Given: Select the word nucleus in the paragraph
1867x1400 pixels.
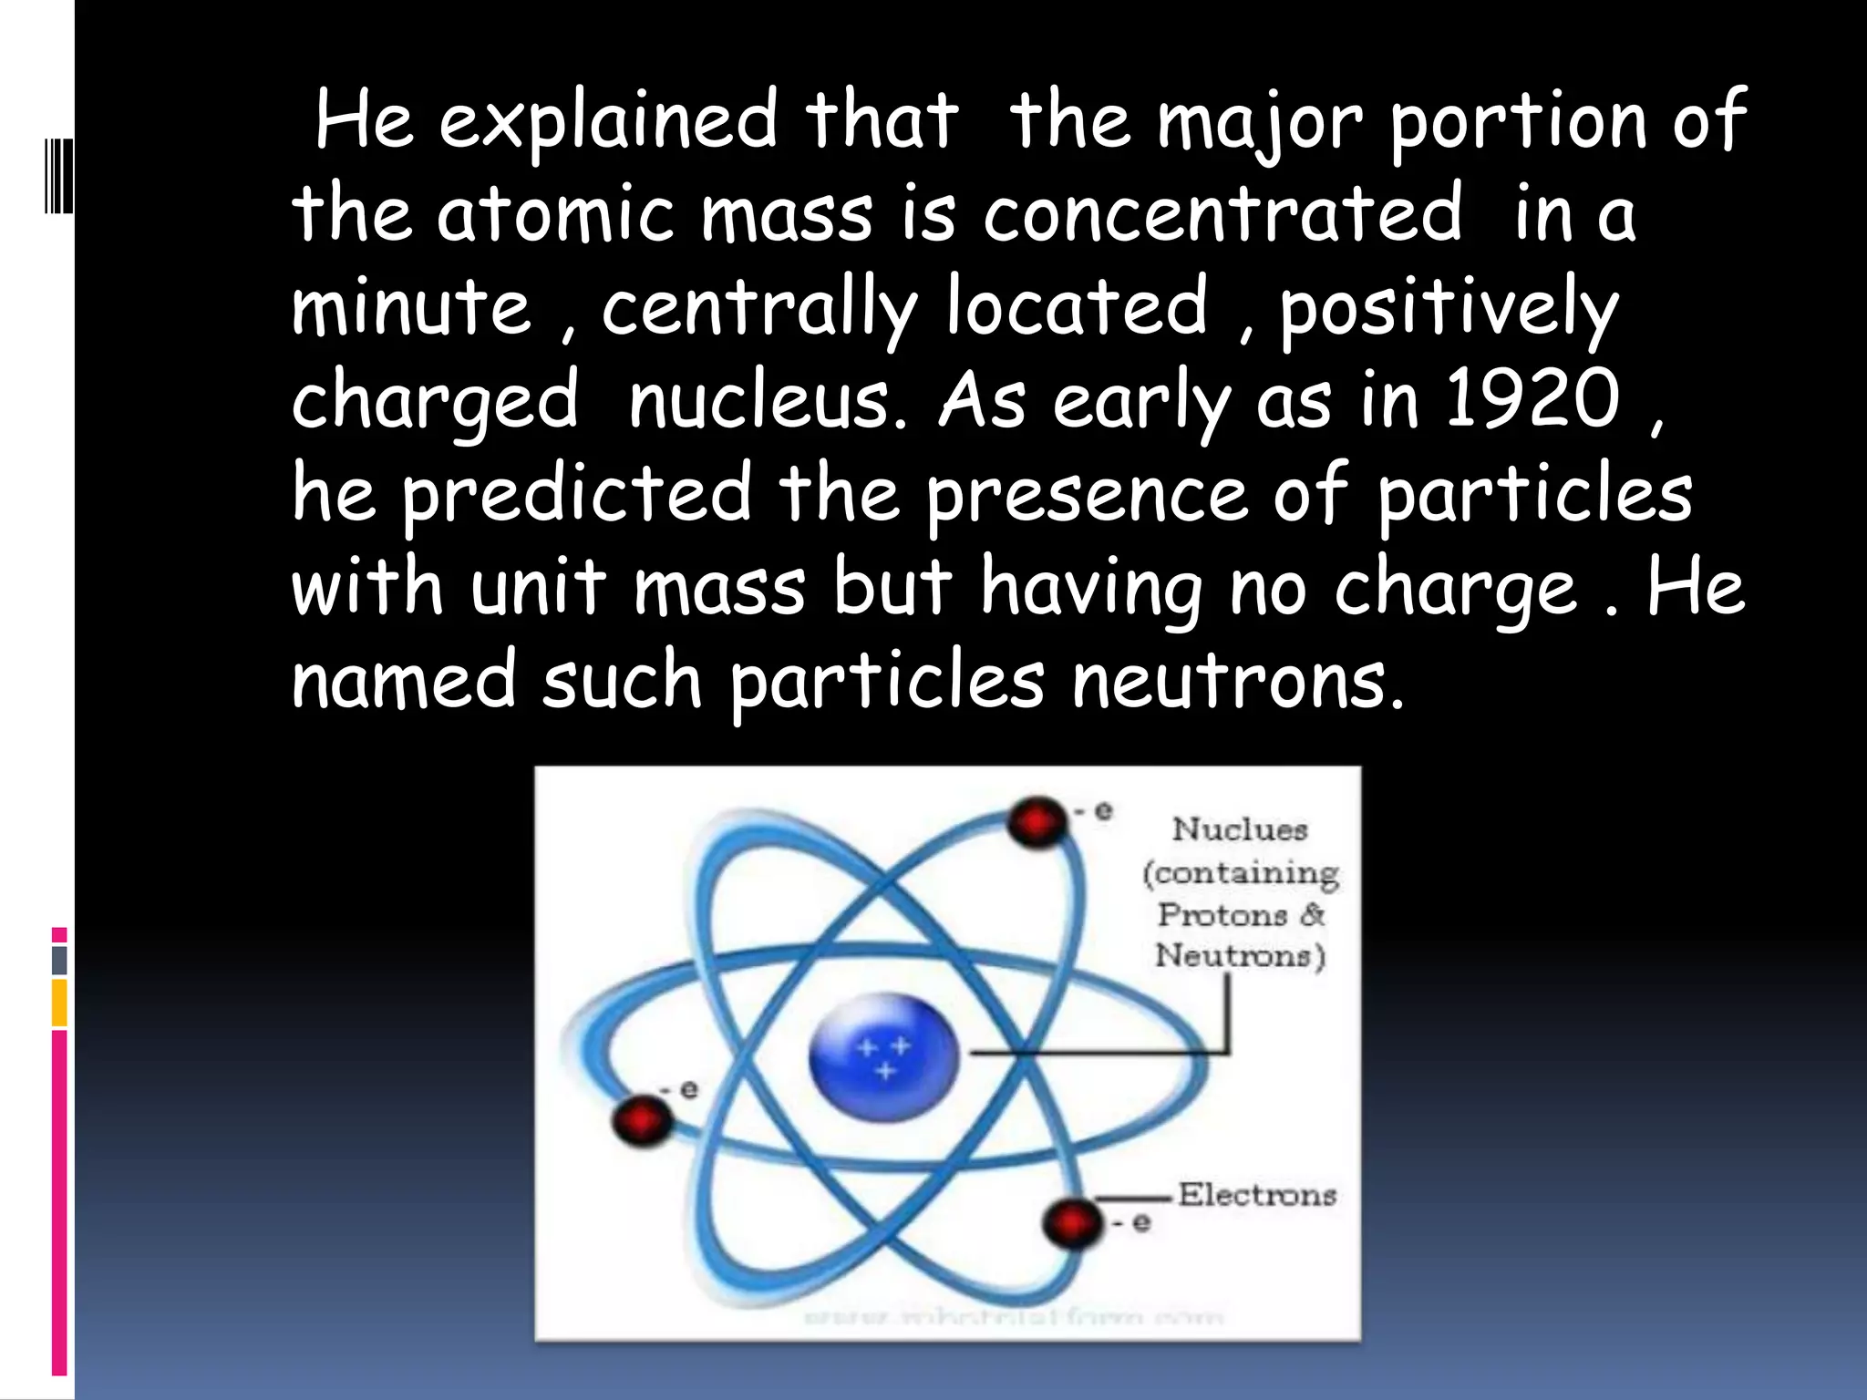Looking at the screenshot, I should click(x=768, y=401).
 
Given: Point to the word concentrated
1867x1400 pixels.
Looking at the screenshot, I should click(x=1222, y=214).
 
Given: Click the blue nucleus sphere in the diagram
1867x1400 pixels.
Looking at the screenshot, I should click(x=882, y=1057).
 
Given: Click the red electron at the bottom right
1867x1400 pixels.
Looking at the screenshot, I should click(x=1071, y=1221).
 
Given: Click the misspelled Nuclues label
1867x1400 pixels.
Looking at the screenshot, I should click(x=1240, y=829).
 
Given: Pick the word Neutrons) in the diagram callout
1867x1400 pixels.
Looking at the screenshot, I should click(x=1240, y=955).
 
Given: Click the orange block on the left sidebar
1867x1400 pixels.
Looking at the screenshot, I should click(x=59, y=1003).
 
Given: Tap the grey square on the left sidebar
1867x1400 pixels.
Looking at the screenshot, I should click(x=59, y=960).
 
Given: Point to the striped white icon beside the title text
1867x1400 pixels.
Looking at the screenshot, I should click(x=58, y=174).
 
